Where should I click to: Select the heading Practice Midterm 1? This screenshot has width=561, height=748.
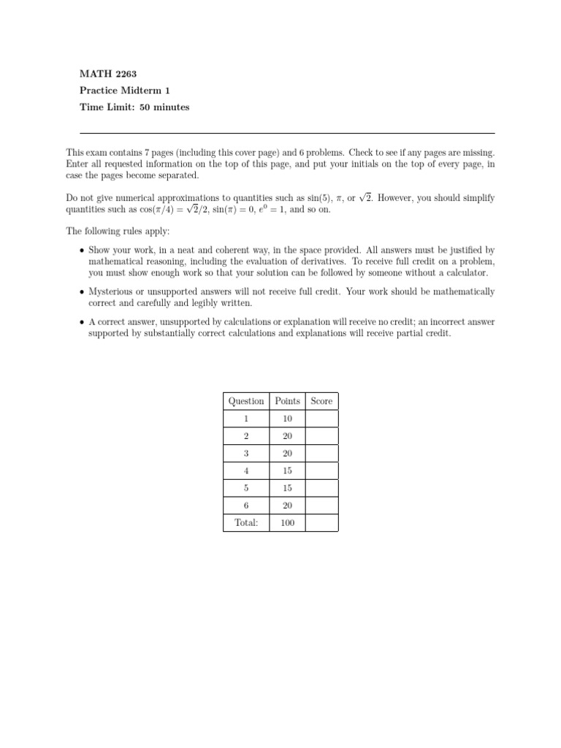(124, 91)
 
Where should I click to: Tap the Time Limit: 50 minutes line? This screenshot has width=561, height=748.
(134, 107)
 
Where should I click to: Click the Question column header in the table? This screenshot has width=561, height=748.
(246, 401)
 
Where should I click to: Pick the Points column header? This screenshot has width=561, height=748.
(287, 401)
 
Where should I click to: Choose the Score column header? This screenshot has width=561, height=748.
(321, 401)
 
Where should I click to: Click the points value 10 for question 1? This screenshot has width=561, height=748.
(287, 419)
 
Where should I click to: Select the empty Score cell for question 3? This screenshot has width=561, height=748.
(321, 454)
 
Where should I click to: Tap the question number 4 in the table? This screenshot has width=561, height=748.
(246, 471)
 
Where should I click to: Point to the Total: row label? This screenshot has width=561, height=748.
(246, 523)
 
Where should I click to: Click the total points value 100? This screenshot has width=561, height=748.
(287, 523)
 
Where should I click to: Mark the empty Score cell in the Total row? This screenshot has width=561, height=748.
(321, 523)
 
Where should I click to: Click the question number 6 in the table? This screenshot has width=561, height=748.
(246, 505)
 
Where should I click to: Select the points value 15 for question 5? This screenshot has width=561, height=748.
(287, 489)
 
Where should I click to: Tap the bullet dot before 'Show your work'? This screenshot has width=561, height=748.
(81, 251)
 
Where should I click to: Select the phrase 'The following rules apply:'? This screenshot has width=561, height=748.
(117, 231)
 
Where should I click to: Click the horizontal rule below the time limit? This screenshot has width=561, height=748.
(286, 133)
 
